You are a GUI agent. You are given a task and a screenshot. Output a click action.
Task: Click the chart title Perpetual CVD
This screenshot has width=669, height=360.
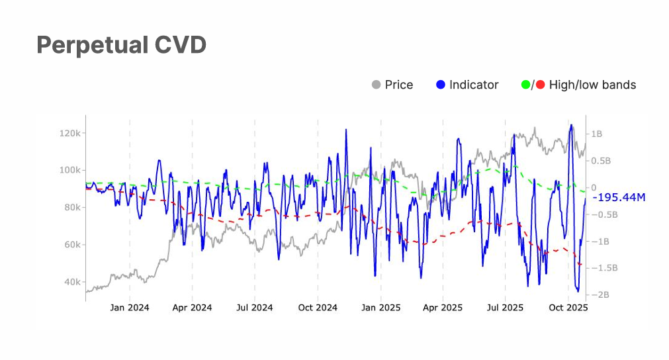[121, 45]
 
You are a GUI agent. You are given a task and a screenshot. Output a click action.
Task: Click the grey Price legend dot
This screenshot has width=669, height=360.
[377, 85]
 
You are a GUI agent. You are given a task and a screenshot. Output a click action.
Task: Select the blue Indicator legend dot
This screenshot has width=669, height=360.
[441, 85]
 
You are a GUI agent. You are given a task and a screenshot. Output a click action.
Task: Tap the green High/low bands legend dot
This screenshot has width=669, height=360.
[526, 85]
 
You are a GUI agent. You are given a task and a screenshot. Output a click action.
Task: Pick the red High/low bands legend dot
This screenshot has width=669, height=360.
[541, 85]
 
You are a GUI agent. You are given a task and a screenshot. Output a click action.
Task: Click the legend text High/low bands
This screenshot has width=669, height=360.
[592, 85]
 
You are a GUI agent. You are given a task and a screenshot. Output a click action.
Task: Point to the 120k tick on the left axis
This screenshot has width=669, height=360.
[69, 133]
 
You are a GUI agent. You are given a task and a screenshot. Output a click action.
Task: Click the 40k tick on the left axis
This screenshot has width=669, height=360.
[71, 282]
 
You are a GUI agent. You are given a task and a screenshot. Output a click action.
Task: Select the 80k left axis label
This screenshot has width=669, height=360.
[71, 207]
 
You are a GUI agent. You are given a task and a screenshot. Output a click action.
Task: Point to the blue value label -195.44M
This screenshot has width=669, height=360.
[619, 197]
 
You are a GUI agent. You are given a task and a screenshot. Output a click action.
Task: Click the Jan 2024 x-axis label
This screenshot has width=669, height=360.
[130, 307]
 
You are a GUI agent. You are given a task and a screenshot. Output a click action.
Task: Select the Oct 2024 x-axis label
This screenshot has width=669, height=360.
[318, 307]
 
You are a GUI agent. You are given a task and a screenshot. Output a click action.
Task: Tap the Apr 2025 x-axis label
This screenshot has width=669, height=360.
[443, 307]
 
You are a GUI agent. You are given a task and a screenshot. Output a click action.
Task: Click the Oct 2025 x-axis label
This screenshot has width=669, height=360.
[568, 307]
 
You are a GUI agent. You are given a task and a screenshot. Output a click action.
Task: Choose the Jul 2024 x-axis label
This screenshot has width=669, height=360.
[254, 307]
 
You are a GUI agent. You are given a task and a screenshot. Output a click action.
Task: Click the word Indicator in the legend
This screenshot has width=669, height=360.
[474, 85]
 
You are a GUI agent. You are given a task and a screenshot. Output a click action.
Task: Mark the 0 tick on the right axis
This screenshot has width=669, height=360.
[594, 187]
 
